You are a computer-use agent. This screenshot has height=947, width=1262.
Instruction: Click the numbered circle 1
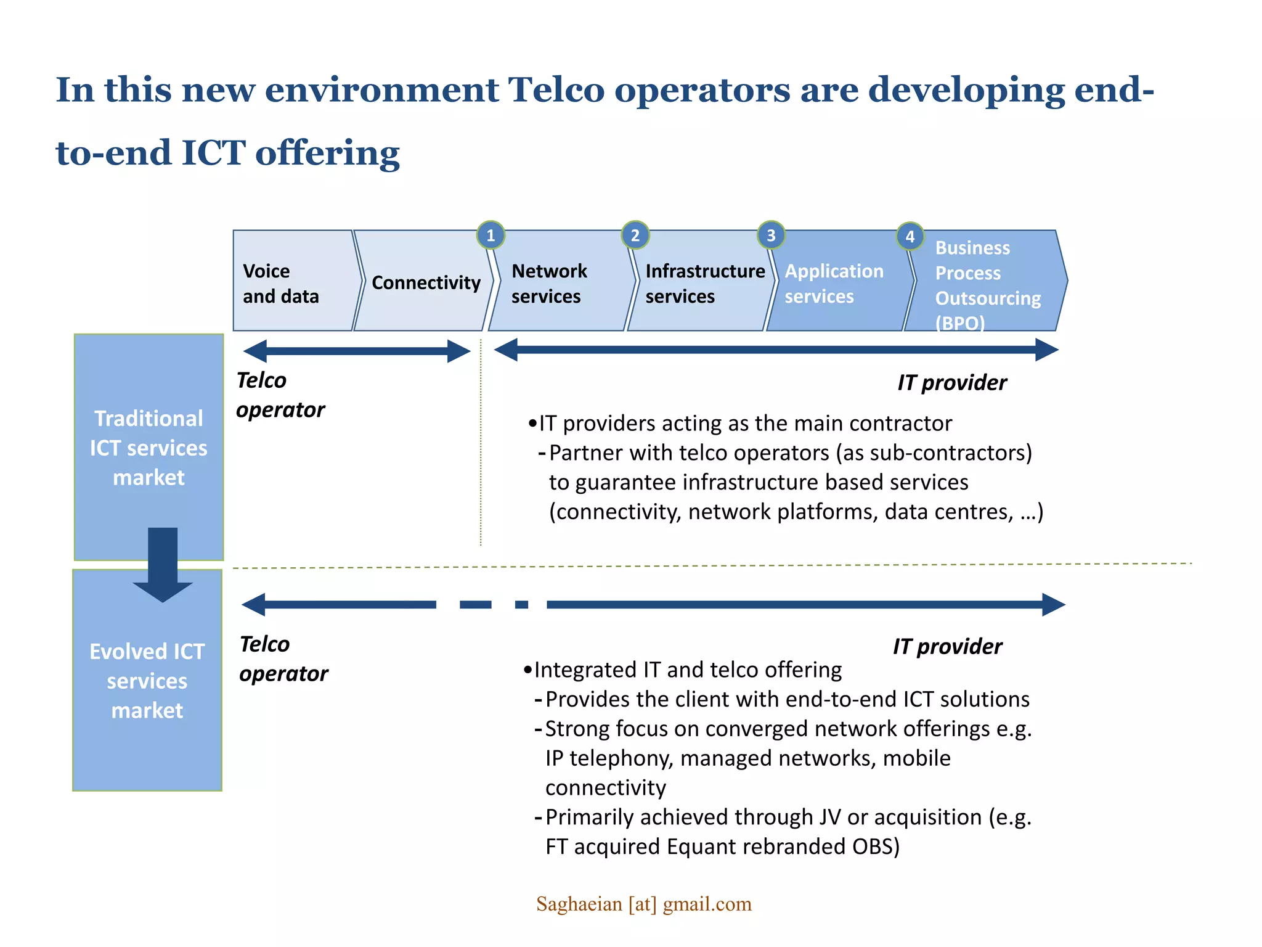pyautogui.click(x=491, y=236)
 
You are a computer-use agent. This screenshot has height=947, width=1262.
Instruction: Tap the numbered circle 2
pyautogui.click(x=635, y=236)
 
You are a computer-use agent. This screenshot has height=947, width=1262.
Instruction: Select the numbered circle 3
pyautogui.click(x=771, y=236)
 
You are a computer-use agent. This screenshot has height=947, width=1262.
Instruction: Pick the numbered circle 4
pyautogui.click(x=910, y=237)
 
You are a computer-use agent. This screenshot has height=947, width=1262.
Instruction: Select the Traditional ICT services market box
pyautogui.click(x=149, y=448)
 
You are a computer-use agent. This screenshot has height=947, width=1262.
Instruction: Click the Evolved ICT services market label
pyautogui.click(x=147, y=681)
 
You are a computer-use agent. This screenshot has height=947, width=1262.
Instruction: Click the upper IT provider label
pyautogui.click(x=951, y=382)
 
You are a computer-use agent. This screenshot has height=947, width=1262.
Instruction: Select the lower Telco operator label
pyautogui.click(x=283, y=658)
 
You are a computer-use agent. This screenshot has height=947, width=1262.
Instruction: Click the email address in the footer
pyautogui.click(x=643, y=904)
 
